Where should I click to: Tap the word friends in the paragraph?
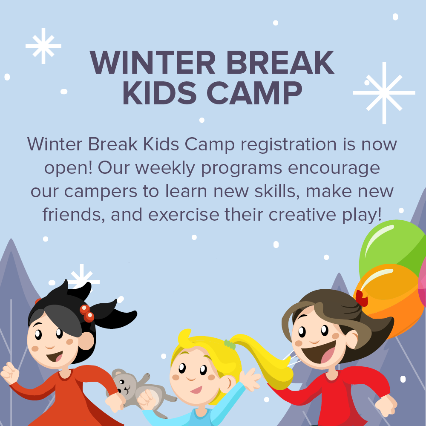pyautogui.click(x=73, y=214)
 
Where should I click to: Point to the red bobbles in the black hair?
pyautogui.click(x=87, y=313)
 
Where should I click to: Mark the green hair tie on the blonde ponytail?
pyautogui.click(x=230, y=344)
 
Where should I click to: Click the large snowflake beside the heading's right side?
pyautogui.click(x=384, y=92)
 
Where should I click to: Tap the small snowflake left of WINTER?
pyautogui.click(x=43, y=46)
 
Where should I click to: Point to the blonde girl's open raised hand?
pyautogui.click(x=250, y=378)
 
